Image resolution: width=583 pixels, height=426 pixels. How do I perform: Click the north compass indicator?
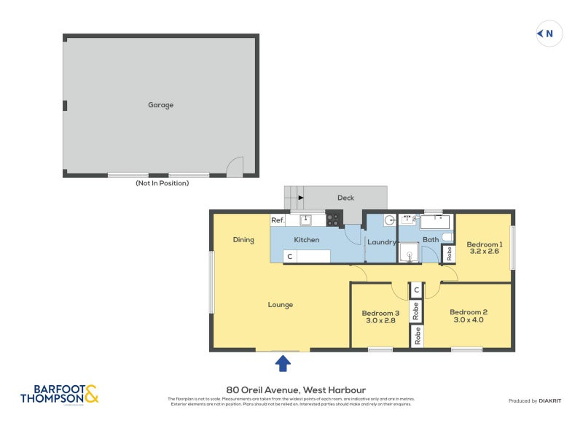(549, 34)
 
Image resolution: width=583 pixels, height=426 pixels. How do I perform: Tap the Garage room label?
(160, 105)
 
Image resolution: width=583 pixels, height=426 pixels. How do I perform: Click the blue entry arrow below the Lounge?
(283, 362)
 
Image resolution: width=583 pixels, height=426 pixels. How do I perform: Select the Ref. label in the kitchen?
(277, 220)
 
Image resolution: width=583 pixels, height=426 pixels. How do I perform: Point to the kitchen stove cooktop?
(333, 219)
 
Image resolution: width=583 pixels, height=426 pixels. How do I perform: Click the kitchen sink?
(306, 220)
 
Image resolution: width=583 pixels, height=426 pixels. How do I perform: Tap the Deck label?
(345, 198)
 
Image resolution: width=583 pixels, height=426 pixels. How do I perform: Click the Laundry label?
(381, 242)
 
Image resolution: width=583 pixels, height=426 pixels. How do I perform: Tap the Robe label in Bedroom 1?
(449, 254)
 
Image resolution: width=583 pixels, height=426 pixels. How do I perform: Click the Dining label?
(243, 240)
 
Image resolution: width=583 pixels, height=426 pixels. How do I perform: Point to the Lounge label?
(280, 305)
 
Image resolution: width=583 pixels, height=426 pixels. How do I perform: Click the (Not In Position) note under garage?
(162, 183)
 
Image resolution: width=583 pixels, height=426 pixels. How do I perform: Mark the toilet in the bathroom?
(447, 237)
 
